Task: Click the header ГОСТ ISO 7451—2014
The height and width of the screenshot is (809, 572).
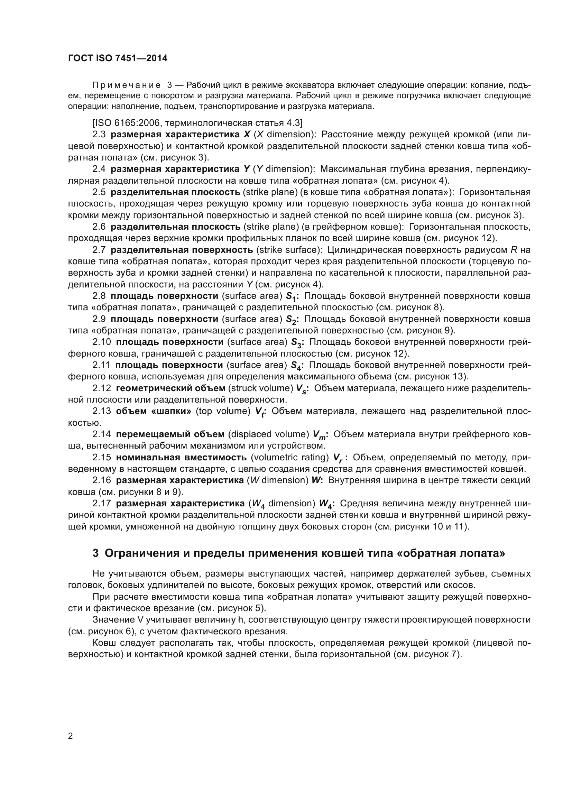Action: coord(118,58)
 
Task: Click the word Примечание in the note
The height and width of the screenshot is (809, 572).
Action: coord(127,85)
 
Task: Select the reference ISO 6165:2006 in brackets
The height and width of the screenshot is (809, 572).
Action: coord(128,123)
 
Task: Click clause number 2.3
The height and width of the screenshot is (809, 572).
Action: coord(99,135)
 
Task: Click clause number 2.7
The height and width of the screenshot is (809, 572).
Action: coord(99,250)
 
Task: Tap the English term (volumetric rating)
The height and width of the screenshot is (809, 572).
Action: coord(290,458)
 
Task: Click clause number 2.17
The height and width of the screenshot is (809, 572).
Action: coord(101,504)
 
